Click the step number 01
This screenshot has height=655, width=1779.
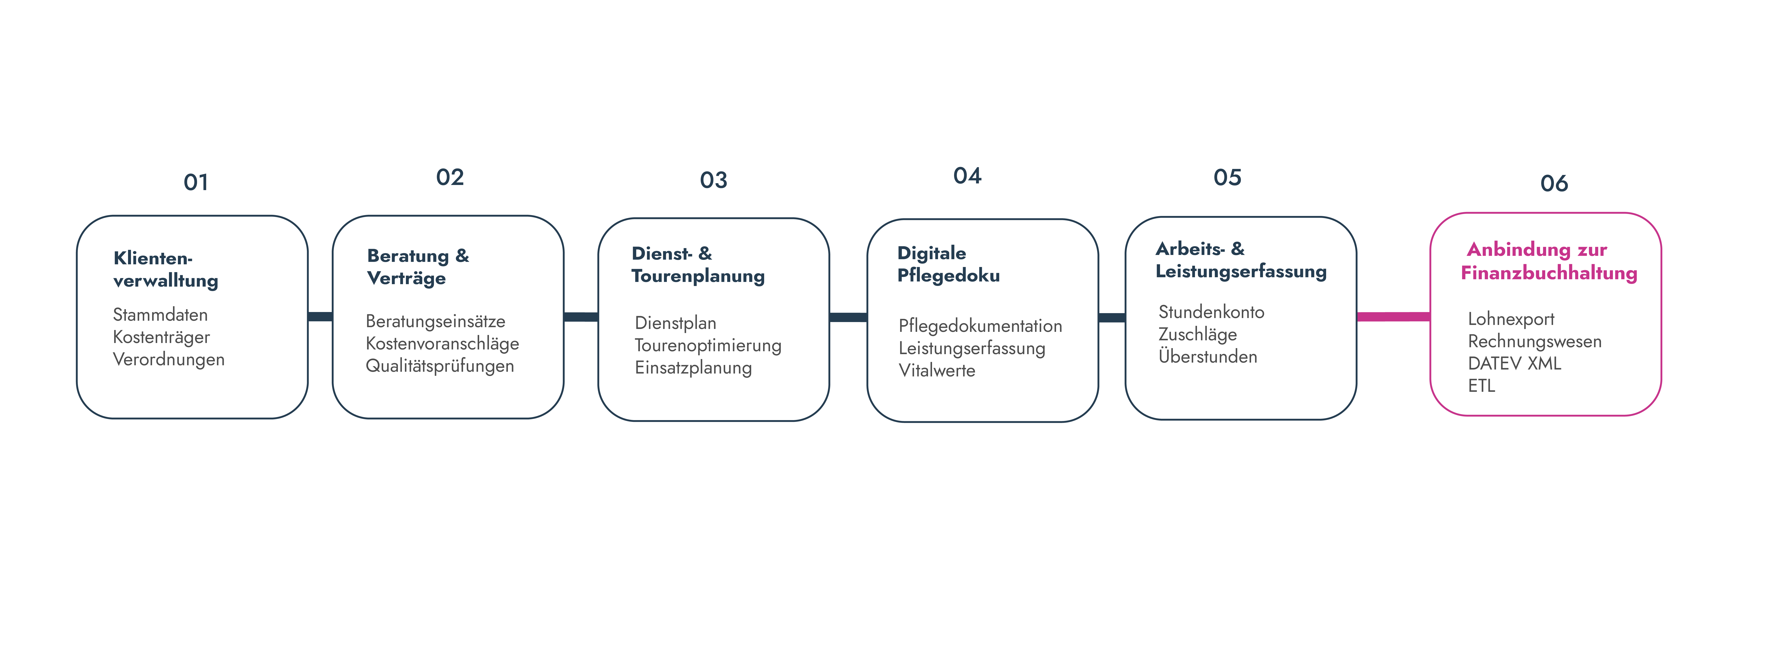(196, 182)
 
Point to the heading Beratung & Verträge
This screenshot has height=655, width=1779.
(418, 267)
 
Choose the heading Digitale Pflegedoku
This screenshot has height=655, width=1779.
(948, 264)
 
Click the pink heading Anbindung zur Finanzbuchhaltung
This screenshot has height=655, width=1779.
(1549, 261)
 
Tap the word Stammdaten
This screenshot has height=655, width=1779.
(160, 315)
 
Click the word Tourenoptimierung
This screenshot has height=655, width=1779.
(708, 345)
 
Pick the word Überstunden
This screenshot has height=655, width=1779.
(1208, 357)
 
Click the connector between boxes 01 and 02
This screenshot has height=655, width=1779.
(320, 316)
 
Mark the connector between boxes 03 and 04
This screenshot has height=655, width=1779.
(848, 317)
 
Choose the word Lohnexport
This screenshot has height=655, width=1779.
(1511, 319)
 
